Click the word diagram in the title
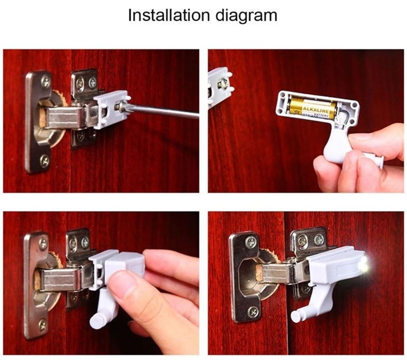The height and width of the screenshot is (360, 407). [247, 16]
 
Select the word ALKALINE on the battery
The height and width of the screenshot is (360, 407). [316, 109]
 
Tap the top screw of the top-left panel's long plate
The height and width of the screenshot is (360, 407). [46, 82]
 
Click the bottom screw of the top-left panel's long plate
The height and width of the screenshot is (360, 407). [45, 161]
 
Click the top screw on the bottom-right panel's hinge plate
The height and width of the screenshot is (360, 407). [251, 243]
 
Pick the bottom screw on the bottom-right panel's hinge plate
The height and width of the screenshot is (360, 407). [253, 312]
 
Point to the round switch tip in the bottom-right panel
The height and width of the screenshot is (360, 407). [296, 316]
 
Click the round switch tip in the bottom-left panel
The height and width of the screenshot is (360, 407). [95, 321]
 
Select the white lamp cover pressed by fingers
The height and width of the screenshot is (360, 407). [125, 264]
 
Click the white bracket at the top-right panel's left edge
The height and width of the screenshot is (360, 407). [220, 84]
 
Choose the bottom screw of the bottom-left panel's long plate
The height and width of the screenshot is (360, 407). [42, 325]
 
